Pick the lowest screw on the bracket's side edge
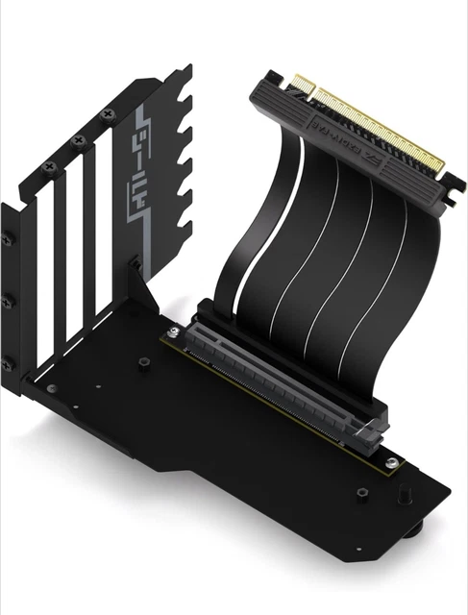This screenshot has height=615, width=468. click(7, 363)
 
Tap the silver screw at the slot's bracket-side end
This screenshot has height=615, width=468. click(176, 332)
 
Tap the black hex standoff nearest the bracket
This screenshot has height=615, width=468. click(143, 362)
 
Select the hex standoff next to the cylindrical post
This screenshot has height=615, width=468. click(362, 493)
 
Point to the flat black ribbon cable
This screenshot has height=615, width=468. click(288, 240)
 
